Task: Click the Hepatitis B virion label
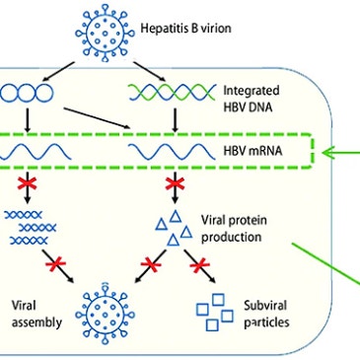coord(185,29)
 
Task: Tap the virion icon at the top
coord(105,33)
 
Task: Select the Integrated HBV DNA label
coord(252,99)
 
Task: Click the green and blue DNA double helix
coord(172,92)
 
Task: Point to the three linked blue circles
coord(27,93)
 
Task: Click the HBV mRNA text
coord(252,151)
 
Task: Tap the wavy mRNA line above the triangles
coord(172,152)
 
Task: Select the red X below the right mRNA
coord(175,184)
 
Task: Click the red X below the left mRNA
coord(28,184)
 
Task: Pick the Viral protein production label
coord(234,228)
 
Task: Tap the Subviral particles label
coord(266,314)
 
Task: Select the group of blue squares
coord(215,313)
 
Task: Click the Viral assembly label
coord(36,314)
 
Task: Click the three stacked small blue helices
coord(31,228)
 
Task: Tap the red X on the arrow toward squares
coord(200,265)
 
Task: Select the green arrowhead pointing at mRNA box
coord(328,152)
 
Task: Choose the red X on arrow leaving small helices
coord(55,264)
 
